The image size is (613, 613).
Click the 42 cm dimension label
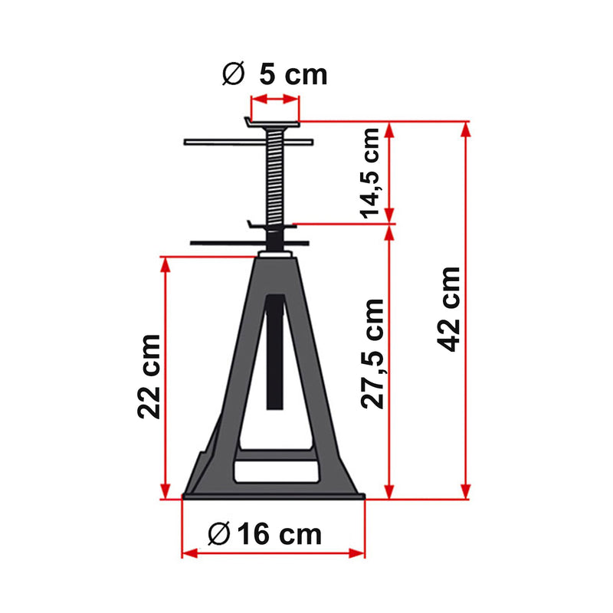pyautogui.click(x=451, y=308)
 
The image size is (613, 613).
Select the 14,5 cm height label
pyautogui.click(x=372, y=173)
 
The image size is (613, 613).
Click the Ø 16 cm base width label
pyautogui.click(x=265, y=533)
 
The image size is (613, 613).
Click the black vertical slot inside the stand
pyautogui.click(x=275, y=352)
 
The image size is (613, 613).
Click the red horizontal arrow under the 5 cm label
pyautogui.click(x=274, y=99)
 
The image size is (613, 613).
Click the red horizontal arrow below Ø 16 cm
pyautogui.click(x=273, y=552)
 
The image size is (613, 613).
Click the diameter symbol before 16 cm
pyautogui.click(x=218, y=533)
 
